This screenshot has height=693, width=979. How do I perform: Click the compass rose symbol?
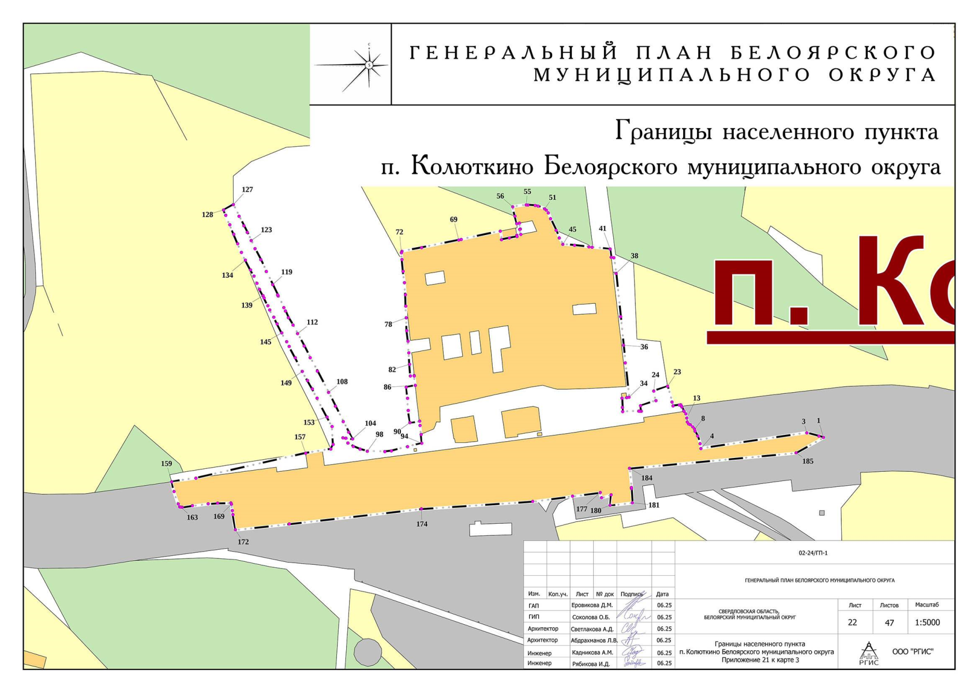point(369,65)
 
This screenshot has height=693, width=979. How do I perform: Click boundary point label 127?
point(247,189)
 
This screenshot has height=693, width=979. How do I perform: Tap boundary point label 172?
point(243,542)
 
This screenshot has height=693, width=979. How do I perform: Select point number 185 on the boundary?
point(808,461)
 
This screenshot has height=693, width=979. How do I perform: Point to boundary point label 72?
point(399,232)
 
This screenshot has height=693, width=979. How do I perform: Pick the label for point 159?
point(166,464)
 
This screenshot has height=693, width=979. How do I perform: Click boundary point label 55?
point(527,192)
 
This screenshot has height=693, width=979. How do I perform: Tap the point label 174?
point(422,524)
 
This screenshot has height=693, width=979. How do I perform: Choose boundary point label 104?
point(370,423)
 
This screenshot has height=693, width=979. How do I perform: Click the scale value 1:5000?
point(927,623)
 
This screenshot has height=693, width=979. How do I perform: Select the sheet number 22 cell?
point(852,623)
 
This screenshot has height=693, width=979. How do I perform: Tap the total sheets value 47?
point(889,623)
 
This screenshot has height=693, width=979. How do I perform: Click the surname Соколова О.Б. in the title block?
point(590,617)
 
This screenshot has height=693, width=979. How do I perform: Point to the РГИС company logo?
point(869,653)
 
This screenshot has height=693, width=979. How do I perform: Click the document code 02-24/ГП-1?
point(813,553)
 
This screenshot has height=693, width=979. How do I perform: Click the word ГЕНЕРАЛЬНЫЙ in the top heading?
point(513,53)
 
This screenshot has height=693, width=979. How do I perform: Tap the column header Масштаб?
point(927,605)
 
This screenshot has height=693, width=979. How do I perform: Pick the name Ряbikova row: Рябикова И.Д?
point(590,664)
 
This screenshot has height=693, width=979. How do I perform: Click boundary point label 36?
point(644,346)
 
